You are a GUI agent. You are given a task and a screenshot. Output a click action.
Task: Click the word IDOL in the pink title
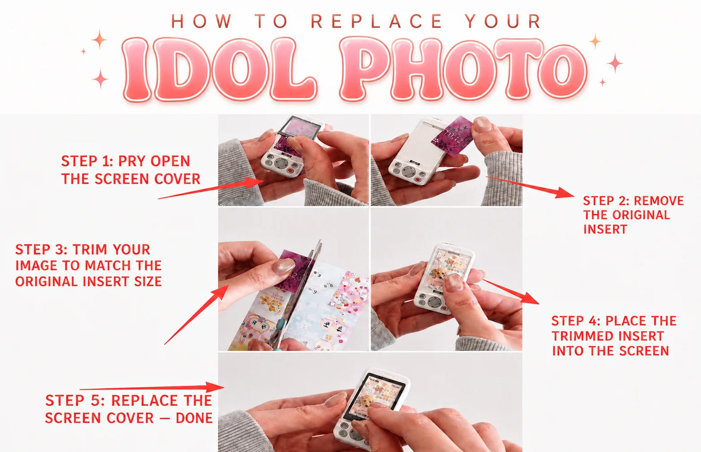click(219, 69)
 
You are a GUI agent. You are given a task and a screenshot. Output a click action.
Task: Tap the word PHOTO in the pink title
click(463, 69)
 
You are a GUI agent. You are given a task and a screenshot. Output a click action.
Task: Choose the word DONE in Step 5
click(194, 418)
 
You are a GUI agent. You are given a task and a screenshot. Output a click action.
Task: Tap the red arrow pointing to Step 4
click(511, 291)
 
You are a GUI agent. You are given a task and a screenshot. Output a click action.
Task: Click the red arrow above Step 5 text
click(152, 388)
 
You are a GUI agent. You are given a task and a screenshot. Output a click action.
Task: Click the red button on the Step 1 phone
click(291, 171)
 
